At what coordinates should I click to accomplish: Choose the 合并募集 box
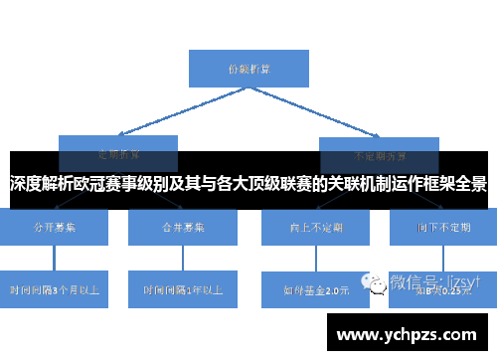pos(183,227)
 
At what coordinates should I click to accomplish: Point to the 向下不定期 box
pos(442,227)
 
